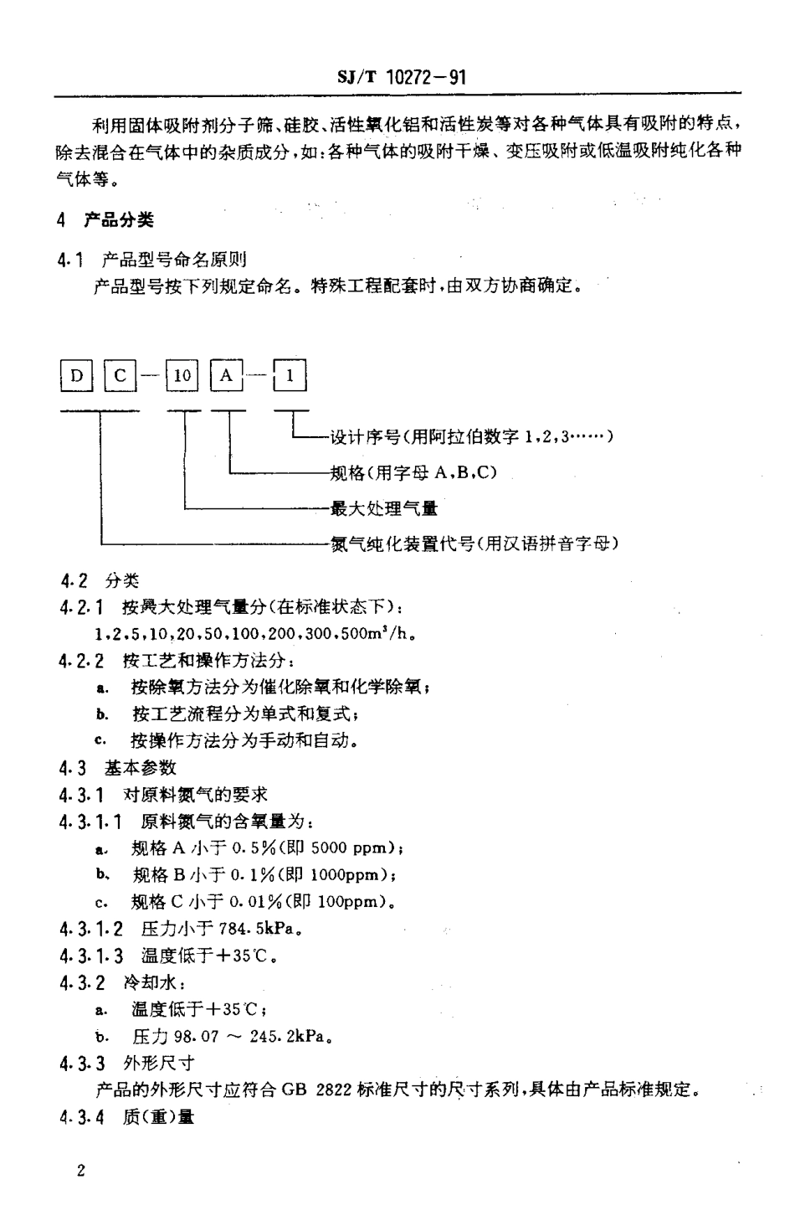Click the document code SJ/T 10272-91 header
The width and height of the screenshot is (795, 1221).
(401, 78)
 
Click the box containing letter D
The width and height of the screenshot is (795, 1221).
(76, 376)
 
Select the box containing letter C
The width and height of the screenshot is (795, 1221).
(120, 376)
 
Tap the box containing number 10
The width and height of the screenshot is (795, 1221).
(182, 376)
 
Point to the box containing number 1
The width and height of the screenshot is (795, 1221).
(290, 376)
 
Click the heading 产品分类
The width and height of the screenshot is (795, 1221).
(118, 220)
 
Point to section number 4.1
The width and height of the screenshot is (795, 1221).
(70, 260)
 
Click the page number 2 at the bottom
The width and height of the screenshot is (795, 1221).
(80, 1171)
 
